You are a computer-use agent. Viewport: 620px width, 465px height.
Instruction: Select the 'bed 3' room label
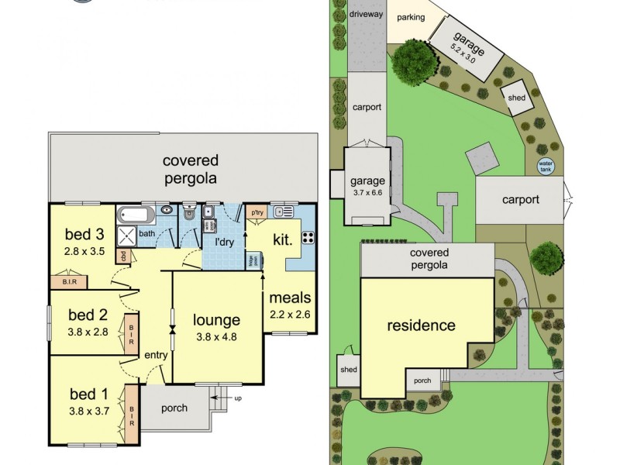84,234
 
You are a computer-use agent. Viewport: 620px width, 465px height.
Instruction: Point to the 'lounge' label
216,319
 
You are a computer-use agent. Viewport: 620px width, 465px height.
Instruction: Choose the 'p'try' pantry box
257,210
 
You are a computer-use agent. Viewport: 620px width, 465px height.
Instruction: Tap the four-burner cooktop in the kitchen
307,238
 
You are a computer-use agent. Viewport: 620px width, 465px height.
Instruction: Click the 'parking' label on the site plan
411,17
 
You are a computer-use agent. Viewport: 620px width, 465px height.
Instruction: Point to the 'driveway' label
367,14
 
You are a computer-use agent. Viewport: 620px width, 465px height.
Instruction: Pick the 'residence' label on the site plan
421,325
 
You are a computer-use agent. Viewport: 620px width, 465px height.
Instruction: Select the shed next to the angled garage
517,98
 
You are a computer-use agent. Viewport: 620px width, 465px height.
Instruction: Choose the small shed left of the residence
349,370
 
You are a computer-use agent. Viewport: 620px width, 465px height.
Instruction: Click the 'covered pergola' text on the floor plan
190,169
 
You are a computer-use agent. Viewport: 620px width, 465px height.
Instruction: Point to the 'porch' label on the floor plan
174,408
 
